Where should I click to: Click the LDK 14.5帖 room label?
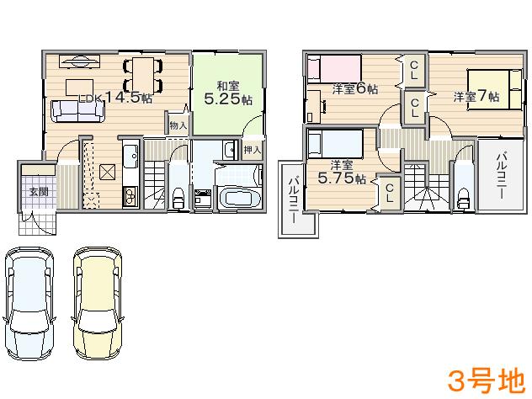click(115, 98)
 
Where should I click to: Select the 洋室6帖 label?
click(354, 88)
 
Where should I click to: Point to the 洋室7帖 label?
click(476, 97)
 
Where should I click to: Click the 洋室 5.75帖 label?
click(341, 172)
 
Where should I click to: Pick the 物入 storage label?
click(178, 125)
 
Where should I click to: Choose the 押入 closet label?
click(252, 150)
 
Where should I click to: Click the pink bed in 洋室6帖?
click(334, 66)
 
